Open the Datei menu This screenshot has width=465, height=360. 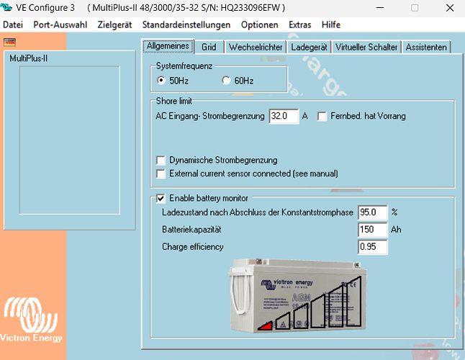[13, 24]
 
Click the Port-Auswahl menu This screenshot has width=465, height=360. [60, 24]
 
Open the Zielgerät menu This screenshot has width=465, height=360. [115, 24]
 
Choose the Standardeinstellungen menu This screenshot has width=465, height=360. [186, 24]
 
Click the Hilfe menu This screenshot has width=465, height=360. [331, 24]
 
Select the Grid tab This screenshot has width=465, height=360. [209, 48]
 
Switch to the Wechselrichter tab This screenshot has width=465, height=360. [255, 48]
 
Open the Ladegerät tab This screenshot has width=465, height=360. [309, 48]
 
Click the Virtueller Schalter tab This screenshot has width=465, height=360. [366, 48]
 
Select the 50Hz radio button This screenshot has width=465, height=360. [161, 81]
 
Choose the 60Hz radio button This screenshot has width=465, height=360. [227, 81]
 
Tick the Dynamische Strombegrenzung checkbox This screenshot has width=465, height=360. [161, 161]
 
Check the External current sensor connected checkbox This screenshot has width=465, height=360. [161, 174]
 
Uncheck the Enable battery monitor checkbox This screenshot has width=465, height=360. [161, 198]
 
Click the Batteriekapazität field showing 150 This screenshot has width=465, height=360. [372, 230]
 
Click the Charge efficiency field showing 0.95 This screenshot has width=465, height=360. [372, 247]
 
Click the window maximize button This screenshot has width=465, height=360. [415, 8]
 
